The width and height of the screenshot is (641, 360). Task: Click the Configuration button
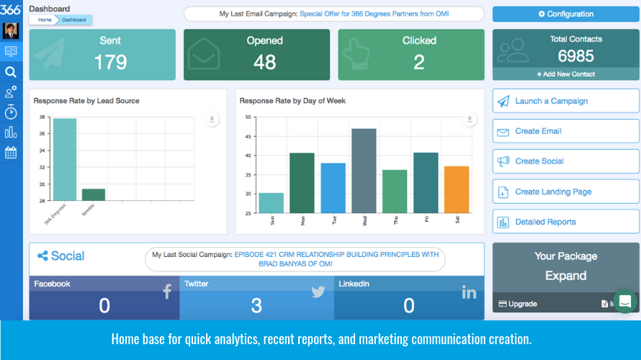[565, 14]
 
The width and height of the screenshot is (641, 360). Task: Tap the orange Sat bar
[457, 189]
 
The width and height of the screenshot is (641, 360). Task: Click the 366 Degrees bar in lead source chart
[65, 159]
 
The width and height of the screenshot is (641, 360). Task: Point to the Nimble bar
[93, 194]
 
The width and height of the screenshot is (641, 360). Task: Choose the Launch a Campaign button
[565, 101]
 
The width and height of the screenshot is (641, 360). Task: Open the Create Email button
[565, 131]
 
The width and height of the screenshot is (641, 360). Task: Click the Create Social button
[565, 161]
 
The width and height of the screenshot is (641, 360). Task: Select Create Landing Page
[565, 192]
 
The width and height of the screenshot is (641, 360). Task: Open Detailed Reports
[565, 222]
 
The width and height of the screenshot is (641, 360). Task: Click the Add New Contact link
[565, 74]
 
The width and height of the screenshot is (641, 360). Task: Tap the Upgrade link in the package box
[518, 304]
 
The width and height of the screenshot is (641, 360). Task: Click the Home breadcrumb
[45, 20]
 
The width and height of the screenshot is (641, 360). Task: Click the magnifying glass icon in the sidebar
[11, 72]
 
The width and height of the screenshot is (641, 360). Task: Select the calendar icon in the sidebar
[11, 153]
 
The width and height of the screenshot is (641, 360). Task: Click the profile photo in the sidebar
[11, 31]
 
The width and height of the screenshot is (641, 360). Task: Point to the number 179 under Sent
[110, 62]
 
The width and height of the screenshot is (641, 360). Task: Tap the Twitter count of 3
[256, 305]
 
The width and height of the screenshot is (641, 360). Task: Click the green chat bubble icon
[624, 301]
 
